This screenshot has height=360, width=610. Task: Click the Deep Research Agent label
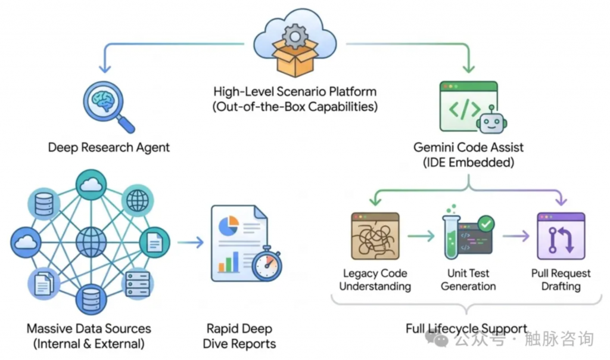coord(109,147)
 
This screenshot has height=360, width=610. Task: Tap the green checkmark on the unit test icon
coord(486,224)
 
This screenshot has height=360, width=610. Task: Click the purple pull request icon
coord(561,236)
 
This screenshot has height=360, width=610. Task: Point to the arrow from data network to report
coord(190,243)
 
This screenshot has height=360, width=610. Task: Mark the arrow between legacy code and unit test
coord(421,237)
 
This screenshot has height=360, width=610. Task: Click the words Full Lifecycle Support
coord(466,328)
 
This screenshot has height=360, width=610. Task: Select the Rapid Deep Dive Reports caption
coord(239,336)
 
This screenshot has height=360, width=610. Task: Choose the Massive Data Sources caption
coord(89,336)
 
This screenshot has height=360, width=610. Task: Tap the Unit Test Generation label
coord(468,280)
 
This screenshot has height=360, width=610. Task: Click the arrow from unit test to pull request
coord(516,237)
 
